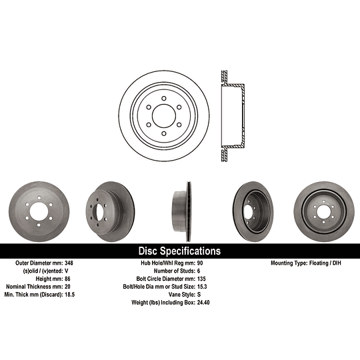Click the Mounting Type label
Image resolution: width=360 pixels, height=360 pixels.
tap(293, 264)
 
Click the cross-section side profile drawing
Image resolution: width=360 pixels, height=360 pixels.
tap(231, 115)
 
